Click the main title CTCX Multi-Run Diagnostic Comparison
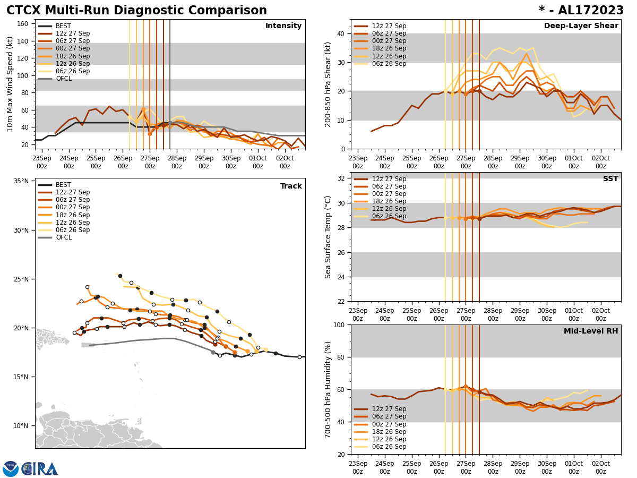click(x=136, y=11)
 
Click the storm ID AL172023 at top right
click(x=581, y=11)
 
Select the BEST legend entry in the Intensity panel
click(x=63, y=26)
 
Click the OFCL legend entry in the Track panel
click(x=63, y=237)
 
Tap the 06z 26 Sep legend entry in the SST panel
click(x=389, y=217)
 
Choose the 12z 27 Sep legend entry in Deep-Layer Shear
click(x=389, y=26)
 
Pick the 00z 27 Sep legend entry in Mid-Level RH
click(x=389, y=424)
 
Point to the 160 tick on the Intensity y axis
click(x=23, y=24)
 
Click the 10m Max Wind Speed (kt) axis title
click(x=10, y=84)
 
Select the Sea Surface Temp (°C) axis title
click(x=329, y=237)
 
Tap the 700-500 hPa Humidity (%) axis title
click(x=329, y=389)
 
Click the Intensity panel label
click(x=283, y=26)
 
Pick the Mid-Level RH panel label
click(x=591, y=331)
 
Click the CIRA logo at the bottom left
click(x=30, y=468)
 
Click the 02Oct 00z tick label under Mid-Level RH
click(x=600, y=467)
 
